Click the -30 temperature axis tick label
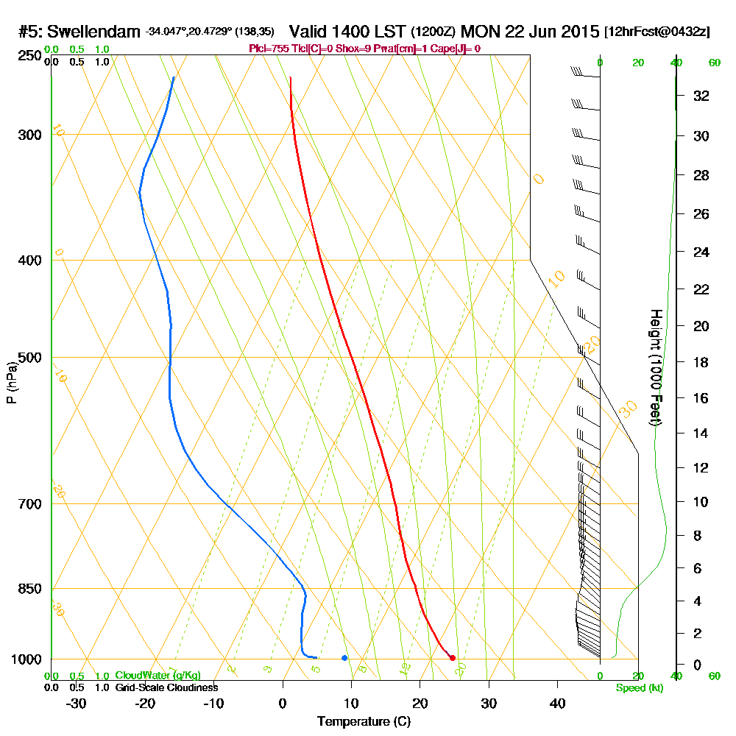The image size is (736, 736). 77,703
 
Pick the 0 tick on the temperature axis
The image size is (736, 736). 283,703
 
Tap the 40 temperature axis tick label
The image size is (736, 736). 557,703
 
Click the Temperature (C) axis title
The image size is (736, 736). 364,722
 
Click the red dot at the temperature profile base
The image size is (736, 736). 452,657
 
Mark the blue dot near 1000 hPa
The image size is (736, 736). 344,657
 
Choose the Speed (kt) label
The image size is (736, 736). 637,687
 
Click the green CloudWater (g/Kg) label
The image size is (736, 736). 158,676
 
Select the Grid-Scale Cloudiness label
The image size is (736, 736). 166,687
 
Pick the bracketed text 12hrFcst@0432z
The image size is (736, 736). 657,32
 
